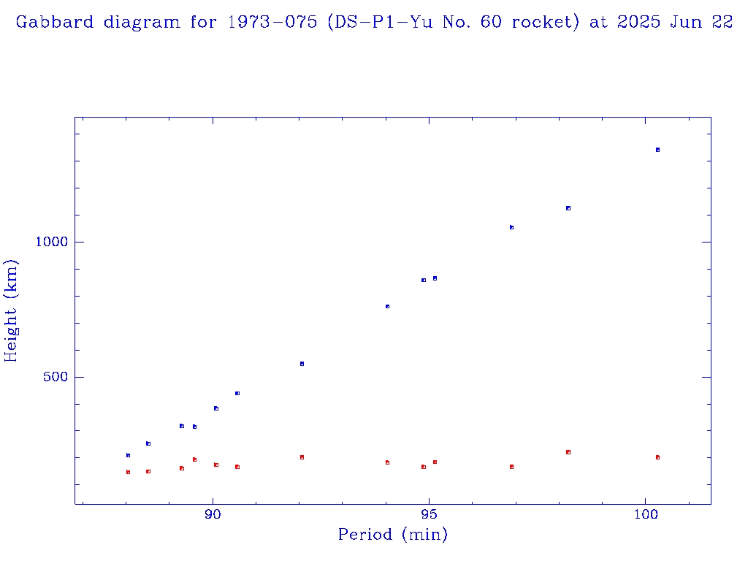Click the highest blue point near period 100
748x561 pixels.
point(657,150)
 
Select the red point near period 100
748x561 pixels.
point(657,457)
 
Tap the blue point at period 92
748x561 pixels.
point(302,364)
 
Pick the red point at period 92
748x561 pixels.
point(302,457)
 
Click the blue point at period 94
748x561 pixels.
point(387,307)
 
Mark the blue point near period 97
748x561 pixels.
point(511,227)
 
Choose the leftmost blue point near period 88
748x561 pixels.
point(128,455)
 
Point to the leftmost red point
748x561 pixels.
point(128,473)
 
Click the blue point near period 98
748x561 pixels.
point(568,208)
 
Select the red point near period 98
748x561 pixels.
point(568,452)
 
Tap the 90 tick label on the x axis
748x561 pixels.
point(213,515)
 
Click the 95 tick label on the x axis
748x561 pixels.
point(430,515)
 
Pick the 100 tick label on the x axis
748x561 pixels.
point(646,515)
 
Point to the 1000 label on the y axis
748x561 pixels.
point(51,242)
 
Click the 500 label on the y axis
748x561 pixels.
point(55,377)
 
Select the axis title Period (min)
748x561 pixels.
point(393,535)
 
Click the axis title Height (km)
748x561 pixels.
point(11,310)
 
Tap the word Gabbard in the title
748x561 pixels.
point(56,23)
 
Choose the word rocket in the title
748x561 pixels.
point(542,23)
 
